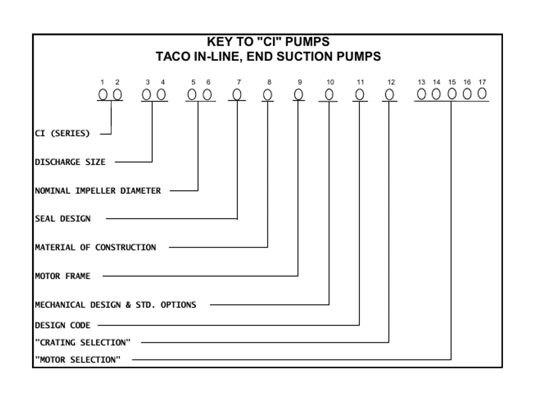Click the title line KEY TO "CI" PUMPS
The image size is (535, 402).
point(268,42)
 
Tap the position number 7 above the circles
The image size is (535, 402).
point(239,82)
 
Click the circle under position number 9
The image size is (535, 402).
point(298,94)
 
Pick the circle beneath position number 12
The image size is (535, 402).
point(389,94)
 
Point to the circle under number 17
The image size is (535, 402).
point(482,93)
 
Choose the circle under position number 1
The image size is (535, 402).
point(103,94)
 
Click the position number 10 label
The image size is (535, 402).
point(330,82)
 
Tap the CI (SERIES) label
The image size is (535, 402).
point(62,134)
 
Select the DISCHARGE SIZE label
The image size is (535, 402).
point(70,162)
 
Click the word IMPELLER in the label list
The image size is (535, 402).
point(95,191)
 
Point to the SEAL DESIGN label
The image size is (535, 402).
point(63,219)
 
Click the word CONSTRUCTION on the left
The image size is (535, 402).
point(126,247)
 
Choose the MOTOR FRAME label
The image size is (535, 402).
point(63,276)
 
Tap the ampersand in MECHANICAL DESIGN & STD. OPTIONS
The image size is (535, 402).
point(128,305)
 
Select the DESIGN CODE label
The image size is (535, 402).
point(63,325)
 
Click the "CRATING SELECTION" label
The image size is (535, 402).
point(83,343)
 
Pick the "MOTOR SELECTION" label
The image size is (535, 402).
point(78,360)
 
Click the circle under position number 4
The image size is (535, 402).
point(161,94)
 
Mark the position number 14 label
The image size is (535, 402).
point(436,82)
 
